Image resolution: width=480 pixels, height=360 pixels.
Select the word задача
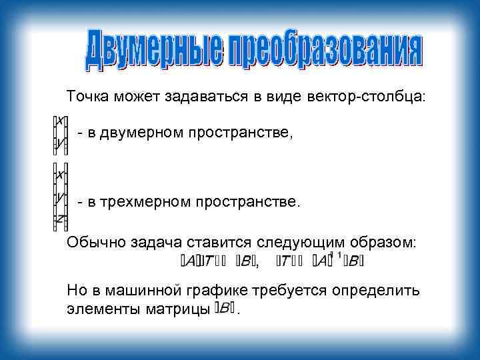click(151, 243)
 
